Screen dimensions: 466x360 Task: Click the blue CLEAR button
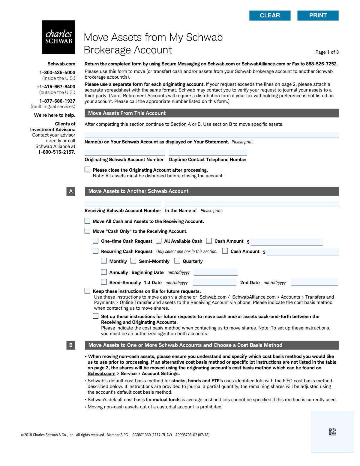pyautogui.click(x=270, y=16)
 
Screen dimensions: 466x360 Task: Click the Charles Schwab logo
pyautogui.click(x=59, y=37)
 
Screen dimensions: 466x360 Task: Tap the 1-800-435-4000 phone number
pyautogui.click(x=57, y=73)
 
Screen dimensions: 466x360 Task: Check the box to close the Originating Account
pyautogui.click(x=87, y=170)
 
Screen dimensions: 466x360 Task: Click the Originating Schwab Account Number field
pyautogui.click(x=124, y=153)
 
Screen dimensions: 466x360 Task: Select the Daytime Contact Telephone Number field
pyautogui.click(x=208, y=153)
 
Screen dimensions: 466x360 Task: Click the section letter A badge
pyautogui.click(x=71, y=191)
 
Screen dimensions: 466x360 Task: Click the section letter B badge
pyautogui.click(x=71, y=345)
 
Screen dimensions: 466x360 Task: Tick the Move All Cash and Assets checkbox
pyautogui.click(x=87, y=221)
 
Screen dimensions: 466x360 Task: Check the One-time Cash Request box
pyautogui.click(x=96, y=241)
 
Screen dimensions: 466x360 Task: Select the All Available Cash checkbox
pyautogui.click(x=159, y=241)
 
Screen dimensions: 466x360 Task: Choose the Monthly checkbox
pyautogui.click(x=104, y=261)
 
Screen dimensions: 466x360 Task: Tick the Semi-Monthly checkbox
pyautogui.click(x=133, y=261)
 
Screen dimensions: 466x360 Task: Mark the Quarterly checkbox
pyautogui.click(x=177, y=261)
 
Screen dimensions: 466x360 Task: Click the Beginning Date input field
pyautogui.click(x=216, y=272)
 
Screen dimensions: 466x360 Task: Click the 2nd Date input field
pyautogui.click(x=315, y=282)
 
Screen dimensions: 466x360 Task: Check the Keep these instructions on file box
pyautogui.click(x=87, y=291)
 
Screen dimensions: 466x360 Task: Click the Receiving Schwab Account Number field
pyautogui.click(x=123, y=204)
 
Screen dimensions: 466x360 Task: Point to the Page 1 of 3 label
pyautogui.click(x=327, y=52)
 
